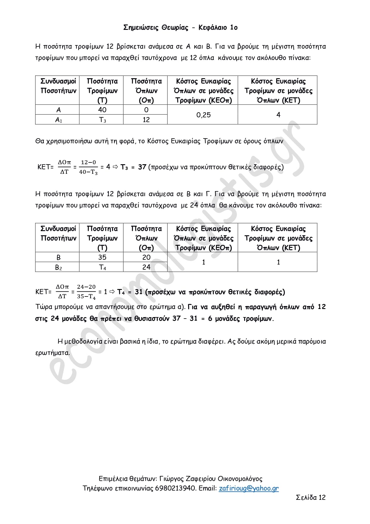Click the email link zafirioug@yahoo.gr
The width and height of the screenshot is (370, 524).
(x=249, y=488)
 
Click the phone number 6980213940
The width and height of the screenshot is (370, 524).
(x=176, y=488)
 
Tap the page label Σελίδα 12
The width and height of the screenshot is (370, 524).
(x=310, y=497)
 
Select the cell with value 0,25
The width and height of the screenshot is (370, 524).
(x=203, y=115)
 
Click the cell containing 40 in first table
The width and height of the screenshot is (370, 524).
(x=102, y=110)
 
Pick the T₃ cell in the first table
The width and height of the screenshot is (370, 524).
(x=102, y=120)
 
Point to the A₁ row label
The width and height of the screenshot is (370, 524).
(x=58, y=120)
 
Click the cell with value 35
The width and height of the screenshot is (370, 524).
(x=102, y=257)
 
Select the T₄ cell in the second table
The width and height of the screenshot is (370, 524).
(x=102, y=267)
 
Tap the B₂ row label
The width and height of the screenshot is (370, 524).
(x=58, y=267)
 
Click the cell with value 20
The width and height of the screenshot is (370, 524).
(x=146, y=257)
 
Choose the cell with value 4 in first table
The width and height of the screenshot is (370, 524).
(x=278, y=115)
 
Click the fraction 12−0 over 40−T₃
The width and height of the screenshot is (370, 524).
(x=89, y=167)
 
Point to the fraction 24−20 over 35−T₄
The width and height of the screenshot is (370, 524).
(x=86, y=292)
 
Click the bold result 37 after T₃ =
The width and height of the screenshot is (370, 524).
(x=142, y=167)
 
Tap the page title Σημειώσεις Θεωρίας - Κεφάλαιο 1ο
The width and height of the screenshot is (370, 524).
(x=180, y=27)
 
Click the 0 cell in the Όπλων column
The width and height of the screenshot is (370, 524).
(x=146, y=110)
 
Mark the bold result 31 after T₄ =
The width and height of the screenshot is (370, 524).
(x=139, y=292)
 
